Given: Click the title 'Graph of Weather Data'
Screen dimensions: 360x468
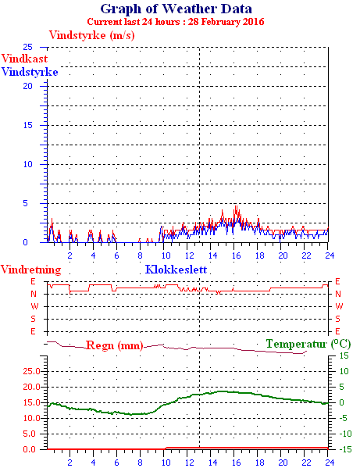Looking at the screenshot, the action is (x=176, y=9).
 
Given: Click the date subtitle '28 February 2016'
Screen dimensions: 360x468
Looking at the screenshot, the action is (x=226, y=22).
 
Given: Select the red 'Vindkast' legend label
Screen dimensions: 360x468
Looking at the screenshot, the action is (x=24, y=58).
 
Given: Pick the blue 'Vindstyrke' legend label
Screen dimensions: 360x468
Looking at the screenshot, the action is (x=30, y=72).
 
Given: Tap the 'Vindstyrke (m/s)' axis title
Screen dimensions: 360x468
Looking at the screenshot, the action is (x=92, y=35).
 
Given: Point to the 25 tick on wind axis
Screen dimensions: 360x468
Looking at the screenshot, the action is (x=28, y=47).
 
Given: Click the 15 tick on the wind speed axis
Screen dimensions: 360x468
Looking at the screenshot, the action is (x=28, y=125).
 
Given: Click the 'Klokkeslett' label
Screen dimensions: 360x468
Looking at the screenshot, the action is (x=176, y=270).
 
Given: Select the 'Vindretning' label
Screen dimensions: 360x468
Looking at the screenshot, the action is (x=30, y=270).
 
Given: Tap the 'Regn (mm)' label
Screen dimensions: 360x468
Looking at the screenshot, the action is (x=115, y=345).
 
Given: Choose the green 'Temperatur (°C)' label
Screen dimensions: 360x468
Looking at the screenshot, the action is (x=308, y=344).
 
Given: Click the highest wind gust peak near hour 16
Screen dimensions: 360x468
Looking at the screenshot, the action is (x=236, y=205).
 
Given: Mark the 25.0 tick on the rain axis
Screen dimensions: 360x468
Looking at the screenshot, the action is (x=31, y=371).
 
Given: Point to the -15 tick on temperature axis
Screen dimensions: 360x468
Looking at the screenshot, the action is (x=345, y=449).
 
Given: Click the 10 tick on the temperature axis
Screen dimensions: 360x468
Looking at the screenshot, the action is (x=344, y=371).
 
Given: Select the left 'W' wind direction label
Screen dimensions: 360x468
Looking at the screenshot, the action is (x=34, y=306).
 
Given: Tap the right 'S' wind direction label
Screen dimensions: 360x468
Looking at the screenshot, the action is (x=337, y=319).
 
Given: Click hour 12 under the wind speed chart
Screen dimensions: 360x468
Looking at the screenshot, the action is (x=190, y=255).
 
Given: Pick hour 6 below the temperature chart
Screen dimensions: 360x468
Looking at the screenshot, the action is (x=116, y=463).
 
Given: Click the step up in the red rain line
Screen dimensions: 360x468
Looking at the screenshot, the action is (x=166, y=448).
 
